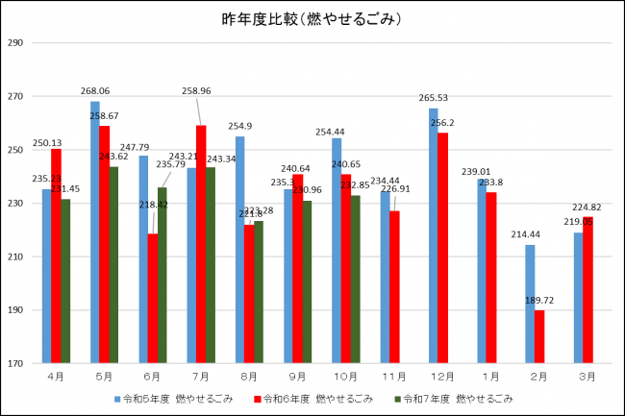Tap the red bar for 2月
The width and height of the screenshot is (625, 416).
pyautogui.click(x=538, y=337)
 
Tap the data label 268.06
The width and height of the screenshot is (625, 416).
pyautogui.click(x=95, y=91)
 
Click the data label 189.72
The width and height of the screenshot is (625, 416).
pyautogui.click(x=538, y=301)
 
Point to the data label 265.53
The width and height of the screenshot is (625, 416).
pyautogui.click(x=435, y=98)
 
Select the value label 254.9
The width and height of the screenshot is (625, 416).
pyautogui.click(x=240, y=127)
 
